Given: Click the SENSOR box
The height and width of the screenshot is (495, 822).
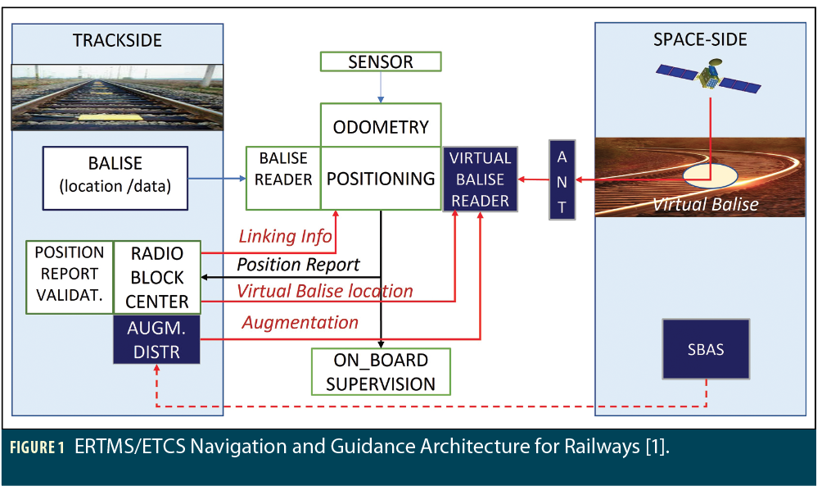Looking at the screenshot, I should [x=381, y=61].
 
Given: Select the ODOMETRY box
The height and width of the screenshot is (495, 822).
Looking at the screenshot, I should [x=381, y=126].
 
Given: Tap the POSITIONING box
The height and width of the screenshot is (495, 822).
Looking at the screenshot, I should [x=381, y=179].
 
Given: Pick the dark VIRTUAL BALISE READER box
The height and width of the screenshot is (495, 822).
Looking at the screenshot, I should [x=480, y=179].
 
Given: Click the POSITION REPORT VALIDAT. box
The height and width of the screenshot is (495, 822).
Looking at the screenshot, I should [x=70, y=277].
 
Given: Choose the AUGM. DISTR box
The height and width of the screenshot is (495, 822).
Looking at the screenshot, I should [x=158, y=341].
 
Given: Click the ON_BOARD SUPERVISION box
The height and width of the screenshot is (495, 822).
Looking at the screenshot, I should [x=381, y=371].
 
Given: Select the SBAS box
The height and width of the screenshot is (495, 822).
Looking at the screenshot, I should [x=705, y=350].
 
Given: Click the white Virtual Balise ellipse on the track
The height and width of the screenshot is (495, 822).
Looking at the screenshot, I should [x=709, y=174].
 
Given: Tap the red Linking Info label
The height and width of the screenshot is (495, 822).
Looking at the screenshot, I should [x=285, y=237].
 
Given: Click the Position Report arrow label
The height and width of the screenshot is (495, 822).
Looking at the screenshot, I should [x=298, y=265].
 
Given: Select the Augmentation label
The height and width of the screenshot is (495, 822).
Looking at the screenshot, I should [x=300, y=322].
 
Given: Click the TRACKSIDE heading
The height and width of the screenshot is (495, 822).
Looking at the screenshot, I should [x=117, y=40].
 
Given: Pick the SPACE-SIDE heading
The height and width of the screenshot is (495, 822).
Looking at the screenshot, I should [x=700, y=40].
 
